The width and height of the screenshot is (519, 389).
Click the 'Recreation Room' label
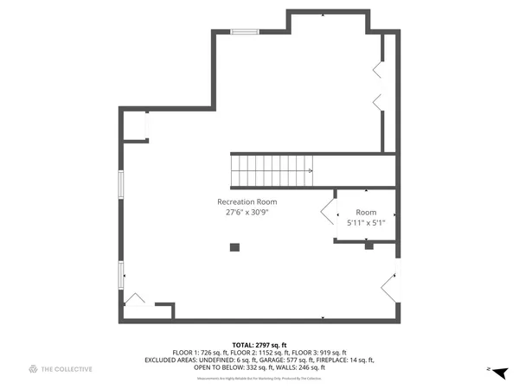tap(253, 201)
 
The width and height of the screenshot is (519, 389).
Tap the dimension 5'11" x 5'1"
tap(366, 222)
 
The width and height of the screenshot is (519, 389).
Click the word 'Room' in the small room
tap(366, 212)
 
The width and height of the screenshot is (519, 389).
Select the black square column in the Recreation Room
tap(234, 247)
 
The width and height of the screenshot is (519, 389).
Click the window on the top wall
tap(245, 32)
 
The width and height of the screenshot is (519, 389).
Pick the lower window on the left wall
tap(121, 274)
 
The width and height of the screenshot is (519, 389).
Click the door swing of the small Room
tap(329, 212)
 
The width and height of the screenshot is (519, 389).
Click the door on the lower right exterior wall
tap(391, 286)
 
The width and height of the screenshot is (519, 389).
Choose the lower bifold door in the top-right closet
tap(379, 101)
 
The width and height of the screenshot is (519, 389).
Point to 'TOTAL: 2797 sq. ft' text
tap(259, 345)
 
